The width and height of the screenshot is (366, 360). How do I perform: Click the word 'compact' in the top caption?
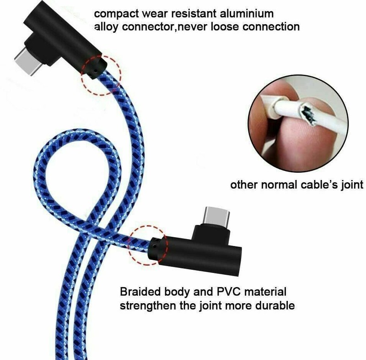(x=116, y=14)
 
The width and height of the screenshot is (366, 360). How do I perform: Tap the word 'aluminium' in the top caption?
(x=247, y=14)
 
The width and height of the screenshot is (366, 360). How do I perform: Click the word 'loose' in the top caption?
(x=225, y=27)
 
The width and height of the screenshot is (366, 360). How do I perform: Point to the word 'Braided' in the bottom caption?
(x=140, y=292)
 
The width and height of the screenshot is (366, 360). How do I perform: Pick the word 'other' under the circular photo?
(x=244, y=185)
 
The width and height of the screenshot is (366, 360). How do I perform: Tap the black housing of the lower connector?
(x=199, y=250)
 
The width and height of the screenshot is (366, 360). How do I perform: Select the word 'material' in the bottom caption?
(x=265, y=292)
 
